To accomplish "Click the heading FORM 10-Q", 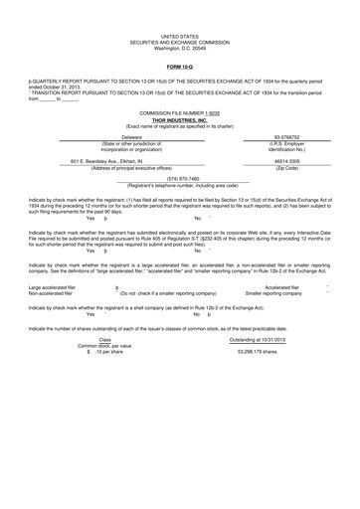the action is click(x=180, y=67).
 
